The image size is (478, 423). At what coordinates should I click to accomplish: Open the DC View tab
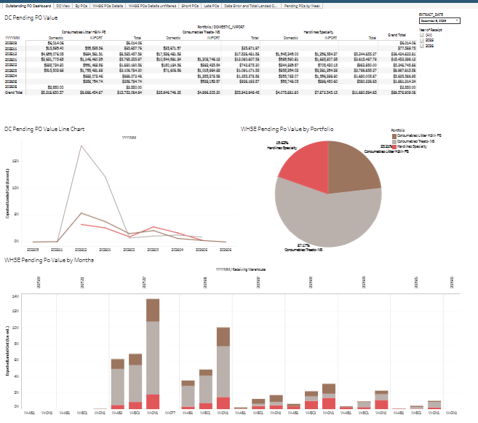tap(63, 4)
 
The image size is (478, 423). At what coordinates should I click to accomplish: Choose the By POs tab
tap(81, 4)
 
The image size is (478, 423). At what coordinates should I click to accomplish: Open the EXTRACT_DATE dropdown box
tap(439, 21)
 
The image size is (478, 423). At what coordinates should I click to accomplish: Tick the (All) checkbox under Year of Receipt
tap(422, 34)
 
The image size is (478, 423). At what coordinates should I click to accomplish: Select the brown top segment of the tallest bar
tap(153, 310)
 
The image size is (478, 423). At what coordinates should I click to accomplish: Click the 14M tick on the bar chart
tap(15, 296)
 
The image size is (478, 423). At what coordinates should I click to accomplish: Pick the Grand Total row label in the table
tap(14, 92)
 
